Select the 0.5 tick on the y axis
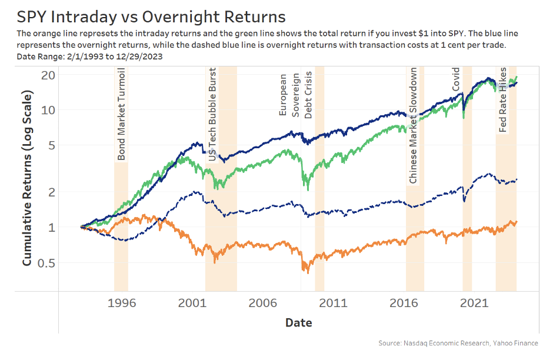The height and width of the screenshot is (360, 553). (x=45, y=262)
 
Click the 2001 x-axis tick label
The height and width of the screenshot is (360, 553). (x=191, y=304)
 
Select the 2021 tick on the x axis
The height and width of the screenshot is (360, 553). (x=474, y=304)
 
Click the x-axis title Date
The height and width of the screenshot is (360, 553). (x=298, y=322)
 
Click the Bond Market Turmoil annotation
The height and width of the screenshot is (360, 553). (x=121, y=114)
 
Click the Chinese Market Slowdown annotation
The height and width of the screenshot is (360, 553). (x=413, y=125)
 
